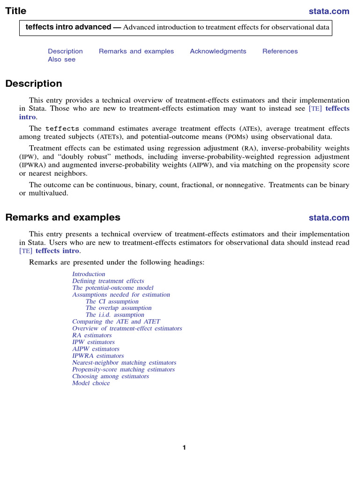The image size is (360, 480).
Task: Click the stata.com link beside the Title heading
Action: pyautogui.click(x=329, y=11)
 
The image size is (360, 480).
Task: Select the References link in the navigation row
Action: pyautogui.click(x=280, y=52)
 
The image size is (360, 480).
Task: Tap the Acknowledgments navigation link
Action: pyautogui.click(x=218, y=52)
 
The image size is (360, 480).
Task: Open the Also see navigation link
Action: pyautogui.click(x=61, y=60)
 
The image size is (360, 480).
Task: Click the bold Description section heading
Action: pyautogui.click(x=34, y=84)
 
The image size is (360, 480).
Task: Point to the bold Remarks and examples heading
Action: pyautogui.click(x=63, y=217)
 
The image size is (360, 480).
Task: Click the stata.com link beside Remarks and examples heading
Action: pyautogui.click(x=329, y=217)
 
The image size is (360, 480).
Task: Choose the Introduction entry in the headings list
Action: pyautogui.click(x=89, y=274)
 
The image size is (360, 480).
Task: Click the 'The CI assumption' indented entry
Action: pyautogui.click(x=112, y=301)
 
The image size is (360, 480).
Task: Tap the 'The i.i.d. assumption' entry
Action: pyautogui.click(x=115, y=315)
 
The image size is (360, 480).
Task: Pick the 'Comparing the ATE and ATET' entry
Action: pyautogui.click(x=116, y=322)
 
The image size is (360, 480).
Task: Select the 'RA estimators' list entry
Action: pyautogui.click(x=92, y=335)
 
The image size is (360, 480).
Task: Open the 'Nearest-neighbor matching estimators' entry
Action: pyautogui.click(x=124, y=362)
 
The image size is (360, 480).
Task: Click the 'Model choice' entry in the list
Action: pyautogui.click(x=91, y=383)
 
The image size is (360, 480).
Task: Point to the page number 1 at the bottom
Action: pyautogui.click(x=184, y=448)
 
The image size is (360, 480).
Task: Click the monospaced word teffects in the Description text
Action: pyautogui.click(x=62, y=128)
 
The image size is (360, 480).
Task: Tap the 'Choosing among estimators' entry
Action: pyautogui.click(x=111, y=376)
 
